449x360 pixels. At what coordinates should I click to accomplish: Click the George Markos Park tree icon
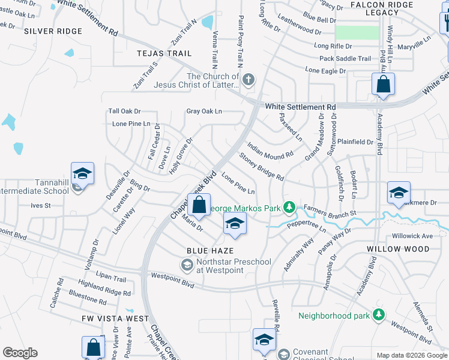pyautogui.click(x=290, y=208)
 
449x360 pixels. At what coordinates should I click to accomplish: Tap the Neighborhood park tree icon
pyautogui.click(x=378, y=314)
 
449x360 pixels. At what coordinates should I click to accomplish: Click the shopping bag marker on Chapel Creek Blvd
pyautogui.click(x=199, y=205)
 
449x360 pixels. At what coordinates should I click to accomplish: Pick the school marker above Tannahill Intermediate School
pyautogui.click(x=82, y=175)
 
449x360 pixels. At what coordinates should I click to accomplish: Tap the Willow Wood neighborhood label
pyautogui.click(x=398, y=248)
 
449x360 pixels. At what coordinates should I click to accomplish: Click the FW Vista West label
pyautogui.click(x=115, y=318)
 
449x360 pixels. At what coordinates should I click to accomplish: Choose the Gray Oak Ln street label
pyautogui.click(x=204, y=111)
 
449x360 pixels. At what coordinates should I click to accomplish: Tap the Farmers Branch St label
pyautogui.click(x=330, y=212)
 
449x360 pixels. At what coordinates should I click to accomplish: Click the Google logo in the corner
pyautogui.click(x=20, y=353)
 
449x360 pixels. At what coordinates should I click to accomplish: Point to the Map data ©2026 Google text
pyautogui.click(x=411, y=355)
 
